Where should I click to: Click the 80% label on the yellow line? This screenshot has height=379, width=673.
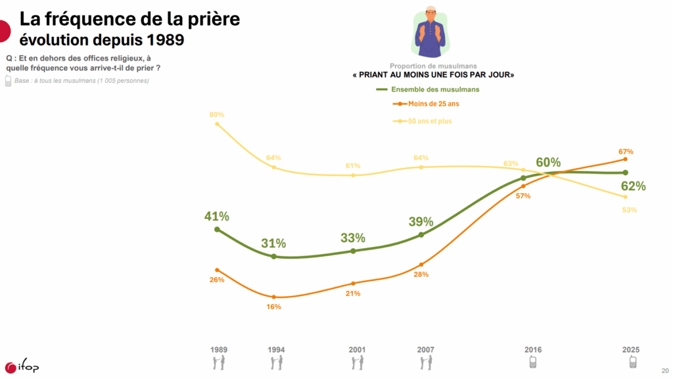pos(217,114)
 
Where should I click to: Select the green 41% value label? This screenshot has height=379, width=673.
pos(216,216)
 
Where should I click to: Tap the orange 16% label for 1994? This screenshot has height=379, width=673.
pos(274,307)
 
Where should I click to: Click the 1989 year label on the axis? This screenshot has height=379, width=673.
pos(219,349)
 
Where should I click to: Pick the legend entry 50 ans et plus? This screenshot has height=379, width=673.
pos(430,121)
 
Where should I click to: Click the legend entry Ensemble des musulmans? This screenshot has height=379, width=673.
pos(434,89)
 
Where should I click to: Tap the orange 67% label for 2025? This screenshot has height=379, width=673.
pos(625,151)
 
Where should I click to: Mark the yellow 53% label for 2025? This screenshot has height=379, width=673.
pos(630,210)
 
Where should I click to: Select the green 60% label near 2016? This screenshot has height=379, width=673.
pos(548,163)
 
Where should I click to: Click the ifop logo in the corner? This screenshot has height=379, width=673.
pos(22,366)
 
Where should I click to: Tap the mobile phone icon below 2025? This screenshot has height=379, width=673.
pos(632,362)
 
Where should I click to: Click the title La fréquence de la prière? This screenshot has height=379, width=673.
pos(129,19)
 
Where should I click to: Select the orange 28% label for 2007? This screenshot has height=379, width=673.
pos(421,274)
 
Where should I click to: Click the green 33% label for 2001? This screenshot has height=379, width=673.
pos(353,238)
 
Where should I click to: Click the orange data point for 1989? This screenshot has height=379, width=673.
pos(217,270)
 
